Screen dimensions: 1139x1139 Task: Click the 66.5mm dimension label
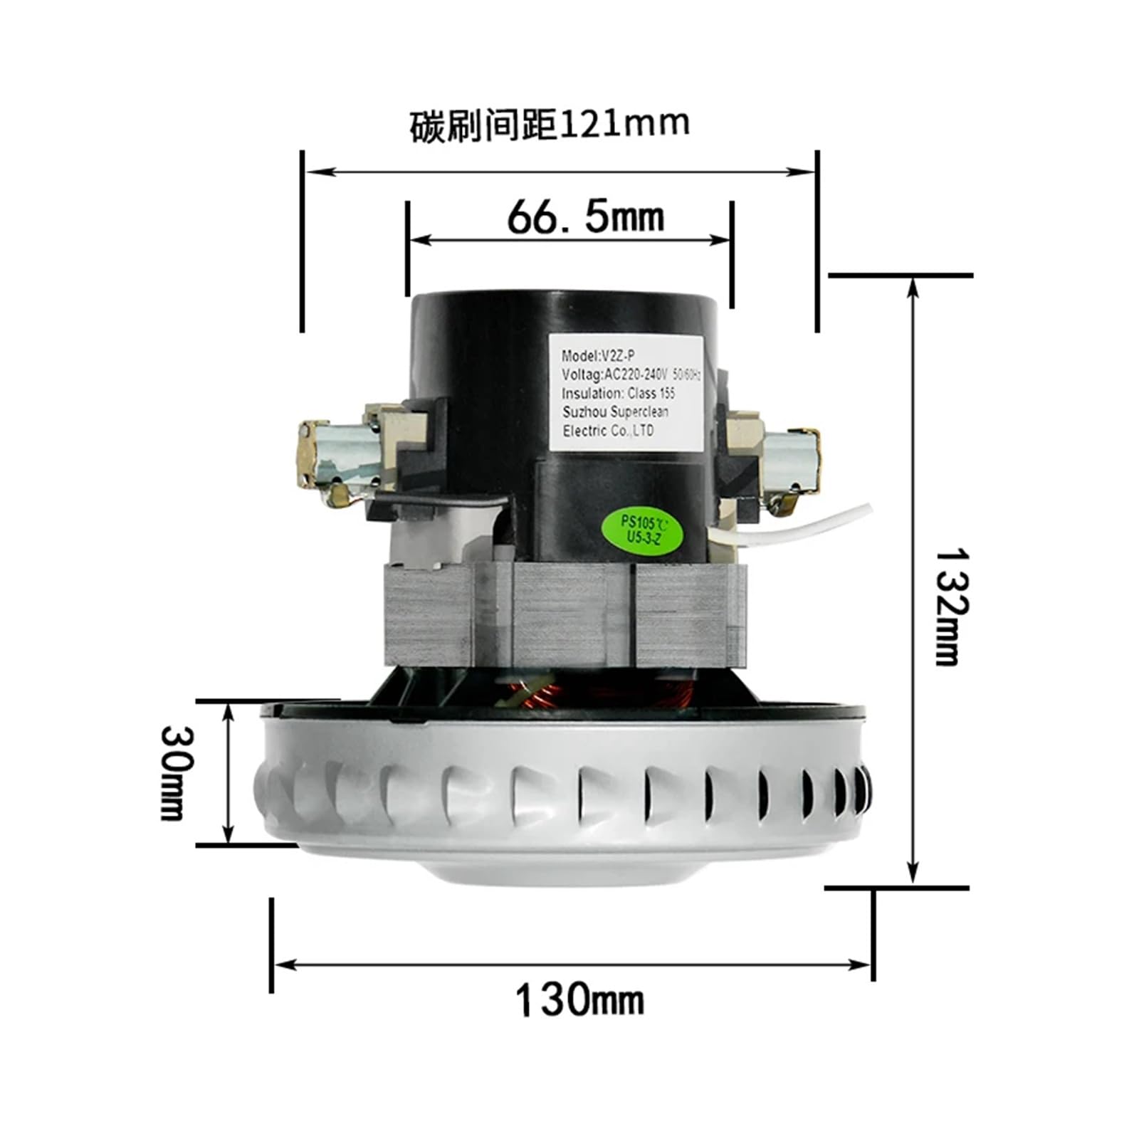coord(585,216)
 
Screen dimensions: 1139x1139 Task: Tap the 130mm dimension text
coord(579,1000)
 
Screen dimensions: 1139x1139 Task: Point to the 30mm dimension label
coord(174,772)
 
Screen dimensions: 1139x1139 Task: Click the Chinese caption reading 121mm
coord(550,125)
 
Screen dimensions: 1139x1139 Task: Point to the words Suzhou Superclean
coord(615,412)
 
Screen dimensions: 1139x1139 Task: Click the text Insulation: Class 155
coord(618,394)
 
